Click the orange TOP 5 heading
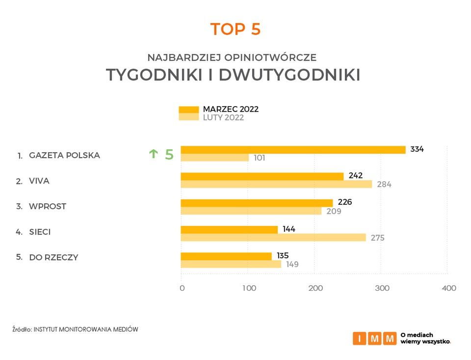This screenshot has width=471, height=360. point(235,29)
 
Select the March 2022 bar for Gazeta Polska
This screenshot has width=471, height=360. point(293,150)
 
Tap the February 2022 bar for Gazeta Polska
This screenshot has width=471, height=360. point(214,158)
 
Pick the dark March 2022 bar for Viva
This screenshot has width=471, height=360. point(262,176)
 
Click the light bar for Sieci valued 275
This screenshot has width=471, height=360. point(273,237)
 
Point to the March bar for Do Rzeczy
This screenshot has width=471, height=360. point(226,256)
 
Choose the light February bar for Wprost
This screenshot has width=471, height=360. point(251,211)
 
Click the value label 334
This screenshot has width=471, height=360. point(417,149)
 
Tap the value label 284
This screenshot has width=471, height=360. point(384,185)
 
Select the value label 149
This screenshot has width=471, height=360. point(292,264)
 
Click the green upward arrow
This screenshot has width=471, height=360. point(153,154)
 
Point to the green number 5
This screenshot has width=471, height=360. point(169,155)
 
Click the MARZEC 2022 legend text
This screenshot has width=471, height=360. point(231,109)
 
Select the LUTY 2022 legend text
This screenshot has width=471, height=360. point(223,118)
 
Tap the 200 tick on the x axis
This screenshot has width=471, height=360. point(315,288)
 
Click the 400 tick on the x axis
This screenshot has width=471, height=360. point(449,288)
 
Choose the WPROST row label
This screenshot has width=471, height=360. point(48,206)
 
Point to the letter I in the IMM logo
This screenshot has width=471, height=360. point(359,338)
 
